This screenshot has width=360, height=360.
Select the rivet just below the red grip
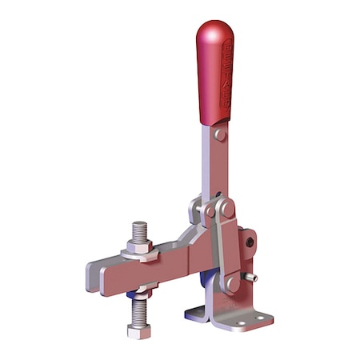click(220, 135)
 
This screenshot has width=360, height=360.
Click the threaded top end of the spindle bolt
click(138, 231)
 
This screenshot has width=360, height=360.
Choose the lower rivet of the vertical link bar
click(233, 282)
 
